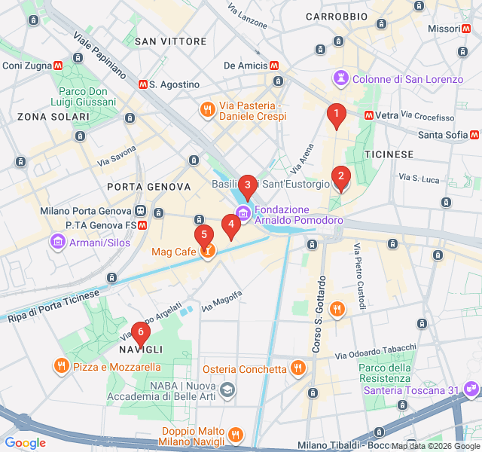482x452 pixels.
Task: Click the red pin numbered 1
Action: (336, 114)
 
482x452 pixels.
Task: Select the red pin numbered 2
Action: (340, 178)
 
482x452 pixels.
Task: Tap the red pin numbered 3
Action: (247, 185)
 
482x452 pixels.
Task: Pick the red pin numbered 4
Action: (231, 224)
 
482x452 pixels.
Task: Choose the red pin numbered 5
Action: (203, 235)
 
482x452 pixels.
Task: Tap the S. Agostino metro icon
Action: (142, 84)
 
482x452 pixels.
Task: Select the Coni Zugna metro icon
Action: (57, 66)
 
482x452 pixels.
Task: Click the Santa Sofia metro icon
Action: (474, 135)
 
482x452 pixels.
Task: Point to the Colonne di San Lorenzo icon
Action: (342, 78)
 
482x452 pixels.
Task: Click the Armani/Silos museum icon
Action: (57, 243)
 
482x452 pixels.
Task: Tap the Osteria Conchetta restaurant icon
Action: (298, 368)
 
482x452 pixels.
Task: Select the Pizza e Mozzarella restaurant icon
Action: (62, 366)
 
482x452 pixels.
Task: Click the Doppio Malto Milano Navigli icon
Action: (236, 435)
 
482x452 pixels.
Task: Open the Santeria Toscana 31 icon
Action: (471, 389)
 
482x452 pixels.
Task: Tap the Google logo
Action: (26, 443)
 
